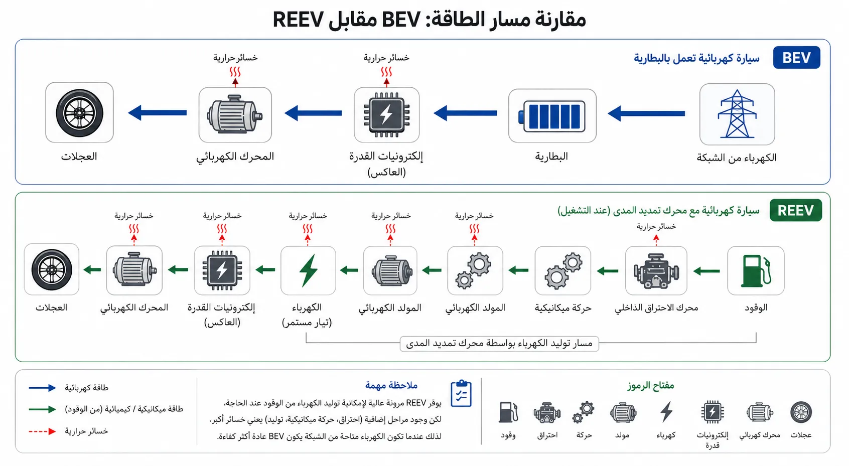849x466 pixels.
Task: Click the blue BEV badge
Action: pyautogui.click(x=796, y=58)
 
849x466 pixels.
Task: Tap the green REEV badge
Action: pyautogui.click(x=795, y=210)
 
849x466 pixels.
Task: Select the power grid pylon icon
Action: pyautogui.click(x=737, y=114)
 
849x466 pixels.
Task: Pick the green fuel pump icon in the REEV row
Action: pyautogui.click(x=756, y=270)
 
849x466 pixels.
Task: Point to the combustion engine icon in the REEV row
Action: pyautogui.click(x=656, y=271)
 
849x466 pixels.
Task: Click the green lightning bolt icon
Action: pyautogui.click(x=308, y=270)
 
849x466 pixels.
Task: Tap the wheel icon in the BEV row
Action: pyautogui.click(x=79, y=113)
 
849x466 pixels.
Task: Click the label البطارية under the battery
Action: pyautogui.click(x=551, y=156)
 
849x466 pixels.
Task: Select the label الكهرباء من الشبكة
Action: pyautogui.click(x=737, y=158)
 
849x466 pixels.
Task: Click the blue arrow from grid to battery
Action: pyautogui.click(x=646, y=113)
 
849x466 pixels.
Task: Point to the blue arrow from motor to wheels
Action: pyautogui.click(x=157, y=112)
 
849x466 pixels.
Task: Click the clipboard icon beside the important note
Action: pyautogui.click(x=461, y=394)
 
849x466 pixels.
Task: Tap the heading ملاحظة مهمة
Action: pyautogui.click(x=391, y=385)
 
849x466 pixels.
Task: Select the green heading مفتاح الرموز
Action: pyautogui.click(x=650, y=386)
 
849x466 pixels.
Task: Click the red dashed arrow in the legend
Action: pyautogui.click(x=43, y=431)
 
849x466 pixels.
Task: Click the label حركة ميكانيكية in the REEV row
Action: pyautogui.click(x=563, y=307)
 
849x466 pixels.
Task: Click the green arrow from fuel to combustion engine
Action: pyautogui.click(x=706, y=271)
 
